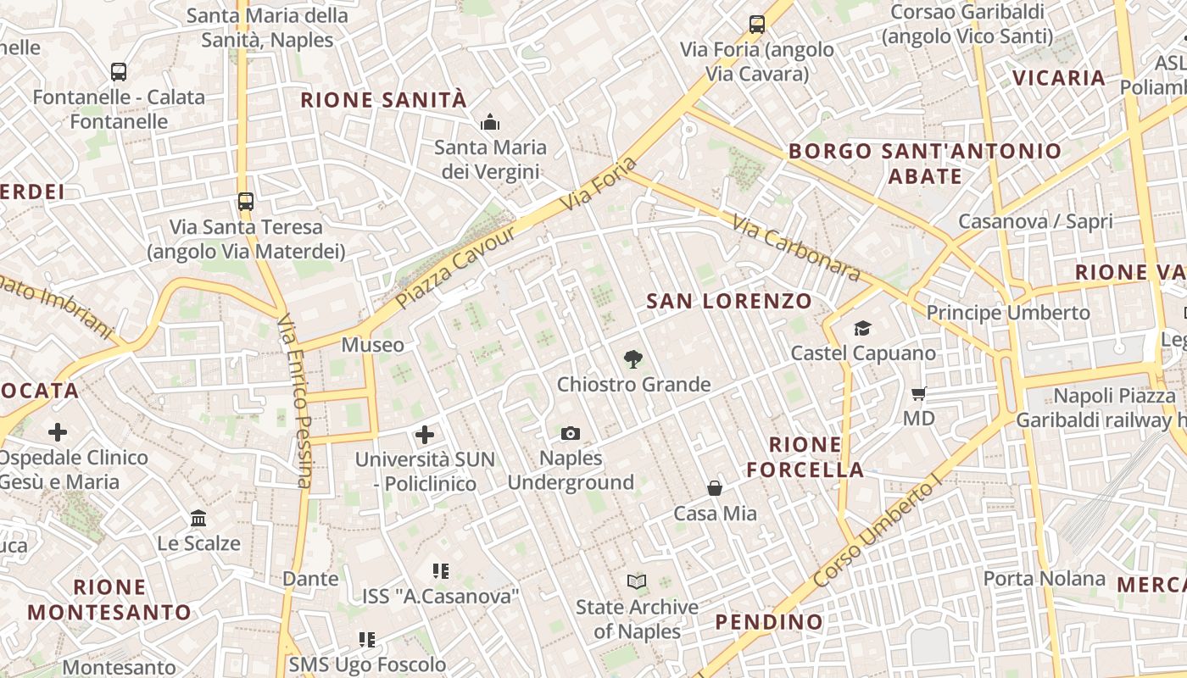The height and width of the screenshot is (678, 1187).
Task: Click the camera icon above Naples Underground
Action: [x=571, y=434]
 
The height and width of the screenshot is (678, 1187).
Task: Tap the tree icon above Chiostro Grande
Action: [x=633, y=359]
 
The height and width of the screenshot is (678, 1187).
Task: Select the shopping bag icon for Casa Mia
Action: [x=715, y=488]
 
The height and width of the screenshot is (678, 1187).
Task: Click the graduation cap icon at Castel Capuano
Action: [x=862, y=328]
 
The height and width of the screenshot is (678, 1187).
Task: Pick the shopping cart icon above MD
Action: [x=918, y=393]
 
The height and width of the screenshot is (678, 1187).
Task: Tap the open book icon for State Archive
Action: [x=637, y=581]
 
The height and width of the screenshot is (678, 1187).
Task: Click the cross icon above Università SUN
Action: [x=425, y=435]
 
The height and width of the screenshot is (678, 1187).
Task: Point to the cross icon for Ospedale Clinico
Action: [x=58, y=432]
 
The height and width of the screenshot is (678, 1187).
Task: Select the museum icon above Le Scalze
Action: [x=198, y=518]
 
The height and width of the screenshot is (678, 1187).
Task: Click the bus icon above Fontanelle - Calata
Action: [x=119, y=72]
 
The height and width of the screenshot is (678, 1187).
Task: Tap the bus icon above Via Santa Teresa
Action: [x=246, y=202]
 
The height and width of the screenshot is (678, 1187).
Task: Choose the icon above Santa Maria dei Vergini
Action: [x=490, y=123]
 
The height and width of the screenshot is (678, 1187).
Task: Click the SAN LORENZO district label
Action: [x=729, y=301]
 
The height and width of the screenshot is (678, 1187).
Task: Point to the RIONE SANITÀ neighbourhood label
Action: [x=383, y=100]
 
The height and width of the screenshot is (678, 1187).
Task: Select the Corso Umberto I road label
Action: [x=877, y=533]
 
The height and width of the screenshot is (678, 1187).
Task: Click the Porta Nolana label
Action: [x=1045, y=579]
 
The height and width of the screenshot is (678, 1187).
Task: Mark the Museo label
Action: [x=373, y=345]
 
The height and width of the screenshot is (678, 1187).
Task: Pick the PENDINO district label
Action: [x=769, y=622]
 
